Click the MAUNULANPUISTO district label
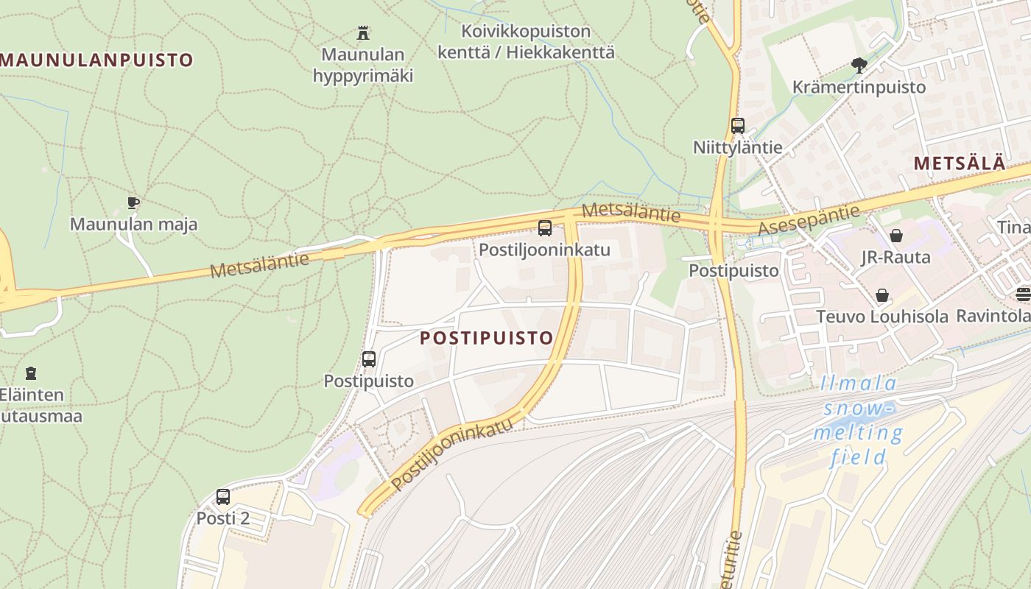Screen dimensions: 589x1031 click(x=96, y=60)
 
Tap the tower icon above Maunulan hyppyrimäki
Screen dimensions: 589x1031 click(x=362, y=33)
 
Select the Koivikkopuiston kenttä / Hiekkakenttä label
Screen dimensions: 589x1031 click(x=526, y=42)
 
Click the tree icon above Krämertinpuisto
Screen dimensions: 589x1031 click(x=859, y=66)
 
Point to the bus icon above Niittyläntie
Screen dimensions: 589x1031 click(x=738, y=126)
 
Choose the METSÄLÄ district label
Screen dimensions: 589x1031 click(x=960, y=163)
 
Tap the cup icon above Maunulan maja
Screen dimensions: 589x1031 click(x=133, y=202)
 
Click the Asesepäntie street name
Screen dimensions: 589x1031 click(x=809, y=219)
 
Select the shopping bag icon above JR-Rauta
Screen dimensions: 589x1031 click(x=896, y=236)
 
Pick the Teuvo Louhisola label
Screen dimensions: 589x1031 click(x=882, y=317)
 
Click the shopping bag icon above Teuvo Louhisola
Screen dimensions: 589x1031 click(x=882, y=295)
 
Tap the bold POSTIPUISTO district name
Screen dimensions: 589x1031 click(x=486, y=338)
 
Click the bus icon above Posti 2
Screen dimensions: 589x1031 click(x=223, y=497)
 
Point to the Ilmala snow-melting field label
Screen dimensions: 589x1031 click(x=859, y=420)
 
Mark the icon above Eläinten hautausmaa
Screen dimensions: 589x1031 click(x=31, y=373)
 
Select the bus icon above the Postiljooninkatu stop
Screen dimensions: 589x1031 click(x=545, y=228)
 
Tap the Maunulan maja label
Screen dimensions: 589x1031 click(x=133, y=224)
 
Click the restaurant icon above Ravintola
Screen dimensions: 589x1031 click(x=1023, y=294)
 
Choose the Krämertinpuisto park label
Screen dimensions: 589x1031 click(x=859, y=87)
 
